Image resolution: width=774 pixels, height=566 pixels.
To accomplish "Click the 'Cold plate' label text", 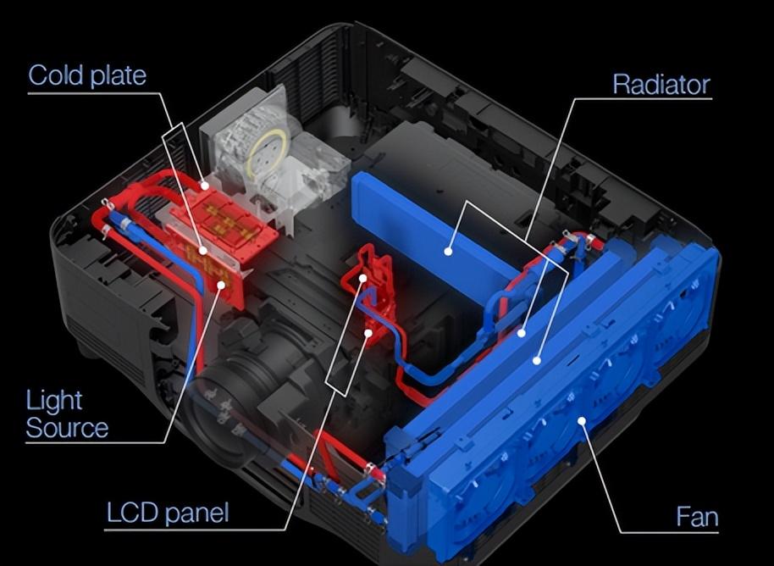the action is coord(87,75).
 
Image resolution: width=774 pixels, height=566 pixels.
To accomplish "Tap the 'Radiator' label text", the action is coord(661,85).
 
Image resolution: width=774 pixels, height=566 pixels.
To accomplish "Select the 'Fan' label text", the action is coord(697,517).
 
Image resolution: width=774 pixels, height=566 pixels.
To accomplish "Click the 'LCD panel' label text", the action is coord(168,513).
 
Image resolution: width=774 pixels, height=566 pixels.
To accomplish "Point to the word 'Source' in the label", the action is coord(67,428).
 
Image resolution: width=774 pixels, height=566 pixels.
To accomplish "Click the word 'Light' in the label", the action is coord(54,401).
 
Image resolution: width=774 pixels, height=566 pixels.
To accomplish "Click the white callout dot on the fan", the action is coord(582,421).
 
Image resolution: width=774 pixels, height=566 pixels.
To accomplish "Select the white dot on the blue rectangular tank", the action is coord(448,252).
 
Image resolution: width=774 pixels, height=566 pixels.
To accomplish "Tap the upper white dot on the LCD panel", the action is coord(362,278).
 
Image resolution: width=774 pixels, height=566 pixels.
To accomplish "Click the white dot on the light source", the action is coord(221,285).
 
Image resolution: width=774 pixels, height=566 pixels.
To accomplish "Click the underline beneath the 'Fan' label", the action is coord(669,532).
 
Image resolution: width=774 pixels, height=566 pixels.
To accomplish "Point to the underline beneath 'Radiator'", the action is coord(643,99).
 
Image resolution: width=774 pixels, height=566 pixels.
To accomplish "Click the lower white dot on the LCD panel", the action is coord(368,333).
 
